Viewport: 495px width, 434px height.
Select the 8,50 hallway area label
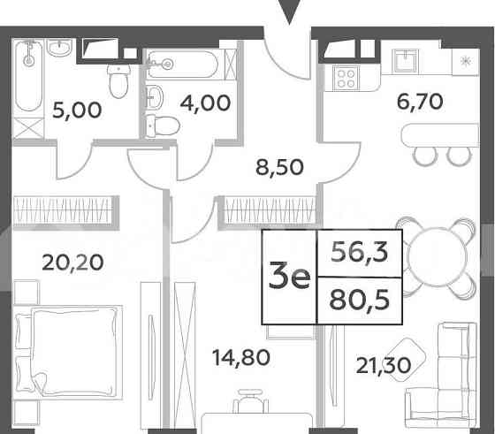[x=272, y=165]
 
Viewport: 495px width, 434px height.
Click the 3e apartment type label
[x=289, y=278]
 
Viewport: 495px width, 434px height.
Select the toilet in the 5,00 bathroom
[x=115, y=81]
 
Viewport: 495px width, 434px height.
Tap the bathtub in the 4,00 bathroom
[x=186, y=63]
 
